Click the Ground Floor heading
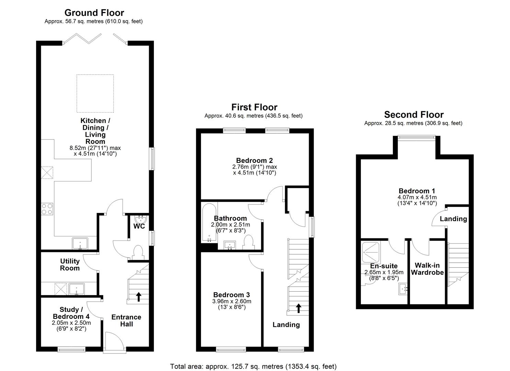tap(94, 13)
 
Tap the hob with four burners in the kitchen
tap(47, 209)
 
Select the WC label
tap(139, 226)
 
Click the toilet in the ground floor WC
tap(137, 252)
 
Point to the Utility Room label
tap(70, 265)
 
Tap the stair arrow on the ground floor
tap(138, 296)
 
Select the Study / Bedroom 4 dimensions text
tap(71, 326)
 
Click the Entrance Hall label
tap(126, 321)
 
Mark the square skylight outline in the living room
tap(94, 93)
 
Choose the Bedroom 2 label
tap(254, 160)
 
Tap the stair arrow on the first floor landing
tap(298, 308)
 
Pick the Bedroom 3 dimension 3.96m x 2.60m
tap(232, 301)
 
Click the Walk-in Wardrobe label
tap(428, 269)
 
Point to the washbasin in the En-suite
tap(404, 289)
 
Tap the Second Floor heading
tap(413, 114)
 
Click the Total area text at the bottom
tap(253, 367)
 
